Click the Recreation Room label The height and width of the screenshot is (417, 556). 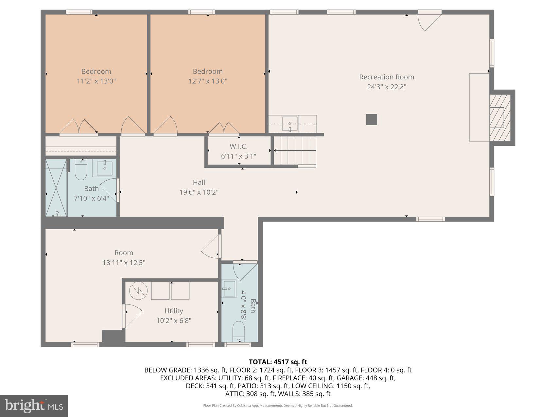[x=387, y=77]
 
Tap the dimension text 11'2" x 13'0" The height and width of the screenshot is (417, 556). [x=96, y=81]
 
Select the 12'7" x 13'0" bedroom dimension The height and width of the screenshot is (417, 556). [x=208, y=81]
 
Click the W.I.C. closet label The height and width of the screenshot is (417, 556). [x=238, y=146]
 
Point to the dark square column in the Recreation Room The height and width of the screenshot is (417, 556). [x=372, y=119]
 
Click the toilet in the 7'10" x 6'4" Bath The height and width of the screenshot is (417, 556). [x=80, y=170]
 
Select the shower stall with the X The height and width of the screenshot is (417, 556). [x=56, y=188]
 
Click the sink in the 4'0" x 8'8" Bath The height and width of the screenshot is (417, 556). [x=229, y=289]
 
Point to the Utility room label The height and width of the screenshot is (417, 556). [x=174, y=311]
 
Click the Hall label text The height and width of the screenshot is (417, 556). [x=199, y=182]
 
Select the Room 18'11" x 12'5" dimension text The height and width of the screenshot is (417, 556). [x=124, y=263]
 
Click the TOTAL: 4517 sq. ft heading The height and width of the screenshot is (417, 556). [x=278, y=362]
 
